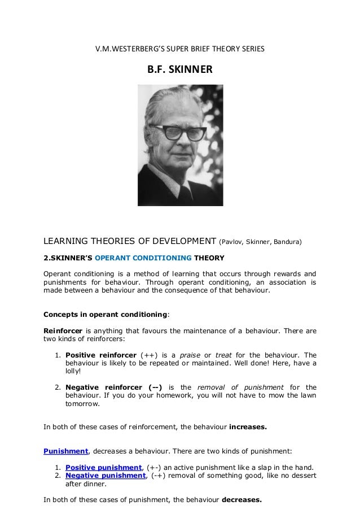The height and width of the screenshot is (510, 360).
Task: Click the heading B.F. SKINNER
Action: click(x=180, y=70)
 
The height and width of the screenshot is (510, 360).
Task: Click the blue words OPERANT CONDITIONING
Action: click(x=143, y=258)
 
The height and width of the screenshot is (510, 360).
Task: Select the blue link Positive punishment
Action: click(x=103, y=468)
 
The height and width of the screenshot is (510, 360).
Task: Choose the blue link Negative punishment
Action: click(x=106, y=476)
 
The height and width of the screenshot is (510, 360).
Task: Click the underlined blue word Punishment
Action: click(x=66, y=451)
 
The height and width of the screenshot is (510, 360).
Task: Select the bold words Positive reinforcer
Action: click(x=101, y=355)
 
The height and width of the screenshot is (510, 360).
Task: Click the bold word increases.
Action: click(x=248, y=427)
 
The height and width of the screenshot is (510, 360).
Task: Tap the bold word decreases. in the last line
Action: click(x=242, y=500)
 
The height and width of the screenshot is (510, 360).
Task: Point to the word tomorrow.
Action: click(x=82, y=404)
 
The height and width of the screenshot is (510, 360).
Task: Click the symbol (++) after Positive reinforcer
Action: click(x=150, y=355)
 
